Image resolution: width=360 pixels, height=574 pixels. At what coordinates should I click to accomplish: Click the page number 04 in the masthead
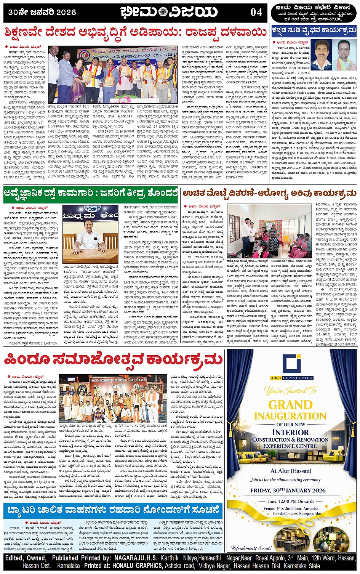pos(256,12)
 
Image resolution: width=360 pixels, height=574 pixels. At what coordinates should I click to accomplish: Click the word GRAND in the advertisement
pos(290,405)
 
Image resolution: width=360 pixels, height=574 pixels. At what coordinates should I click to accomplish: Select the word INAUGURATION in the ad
pos(290,416)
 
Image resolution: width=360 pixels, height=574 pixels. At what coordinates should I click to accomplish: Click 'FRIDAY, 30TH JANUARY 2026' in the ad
pos(290,490)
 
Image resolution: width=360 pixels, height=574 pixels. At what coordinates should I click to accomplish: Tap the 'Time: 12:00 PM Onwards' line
pos(290,501)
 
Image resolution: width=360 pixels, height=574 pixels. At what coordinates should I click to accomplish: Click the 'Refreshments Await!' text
pos(251,548)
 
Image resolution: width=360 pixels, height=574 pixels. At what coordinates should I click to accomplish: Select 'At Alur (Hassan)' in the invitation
pos(291,471)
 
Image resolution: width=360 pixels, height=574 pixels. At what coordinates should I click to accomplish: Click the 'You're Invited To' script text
pos(290,391)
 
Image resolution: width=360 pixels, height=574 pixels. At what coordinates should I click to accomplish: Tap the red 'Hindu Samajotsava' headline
pos(114,359)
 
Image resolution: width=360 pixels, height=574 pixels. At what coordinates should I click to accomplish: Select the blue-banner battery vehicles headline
pos(114,510)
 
